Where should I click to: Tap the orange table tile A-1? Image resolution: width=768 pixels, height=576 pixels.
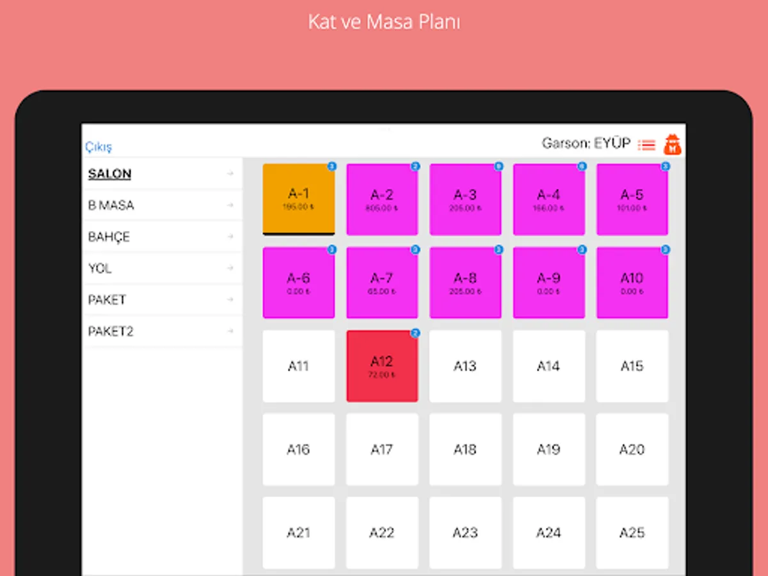pyautogui.click(x=299, y=199)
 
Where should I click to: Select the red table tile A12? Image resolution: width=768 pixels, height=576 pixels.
pyautogui.click(x=382, y=366)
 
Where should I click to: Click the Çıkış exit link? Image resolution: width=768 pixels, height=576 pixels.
pyautogui.click(x=99, y=147)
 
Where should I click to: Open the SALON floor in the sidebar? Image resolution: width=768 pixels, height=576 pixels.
pyautogui.click(x=110, y=173)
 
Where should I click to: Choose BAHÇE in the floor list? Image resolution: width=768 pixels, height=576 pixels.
pyautogui.click(x=109, y=237)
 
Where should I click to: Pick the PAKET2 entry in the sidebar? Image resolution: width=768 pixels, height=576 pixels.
pyautogui.click(x=111, y=332)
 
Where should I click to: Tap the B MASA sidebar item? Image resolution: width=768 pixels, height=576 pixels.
pyautogui.click(x=111, y=205)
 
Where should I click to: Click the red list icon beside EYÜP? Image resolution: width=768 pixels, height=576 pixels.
pyautogui.click(x=647, y=145)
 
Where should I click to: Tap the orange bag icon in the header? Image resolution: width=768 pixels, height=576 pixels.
pyautogui.click(x=673, y=145)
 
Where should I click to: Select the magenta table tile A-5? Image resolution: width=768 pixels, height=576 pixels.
pyautogui.click(x=632, y=199)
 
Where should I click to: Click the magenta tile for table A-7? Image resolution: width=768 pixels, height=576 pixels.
pyautogui.click(x=382, y=282)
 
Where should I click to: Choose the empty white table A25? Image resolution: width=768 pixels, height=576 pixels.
pyautogui.click(x=632, y=532)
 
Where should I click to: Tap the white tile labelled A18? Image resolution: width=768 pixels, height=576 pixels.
pyautogui.click(x=465, y=449)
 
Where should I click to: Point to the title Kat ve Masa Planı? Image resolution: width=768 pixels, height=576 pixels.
pyautogui.click(x=384, y=22)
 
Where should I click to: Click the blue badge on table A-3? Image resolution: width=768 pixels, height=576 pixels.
pyautogui.click(x=499, y=166)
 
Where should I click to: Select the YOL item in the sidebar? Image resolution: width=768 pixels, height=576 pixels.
pyautogui.click(x=100, y=269)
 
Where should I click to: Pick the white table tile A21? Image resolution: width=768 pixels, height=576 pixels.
pyautogui.click(x=299, y=532)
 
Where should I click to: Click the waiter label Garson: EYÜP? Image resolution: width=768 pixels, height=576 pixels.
pyautogui.click(x=586, y=143)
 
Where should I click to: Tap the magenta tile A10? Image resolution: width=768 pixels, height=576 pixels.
pyautogui.click(x=632, y=282)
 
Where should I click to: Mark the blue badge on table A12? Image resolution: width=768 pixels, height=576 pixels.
pyautogui.click(x=415, y=333)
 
